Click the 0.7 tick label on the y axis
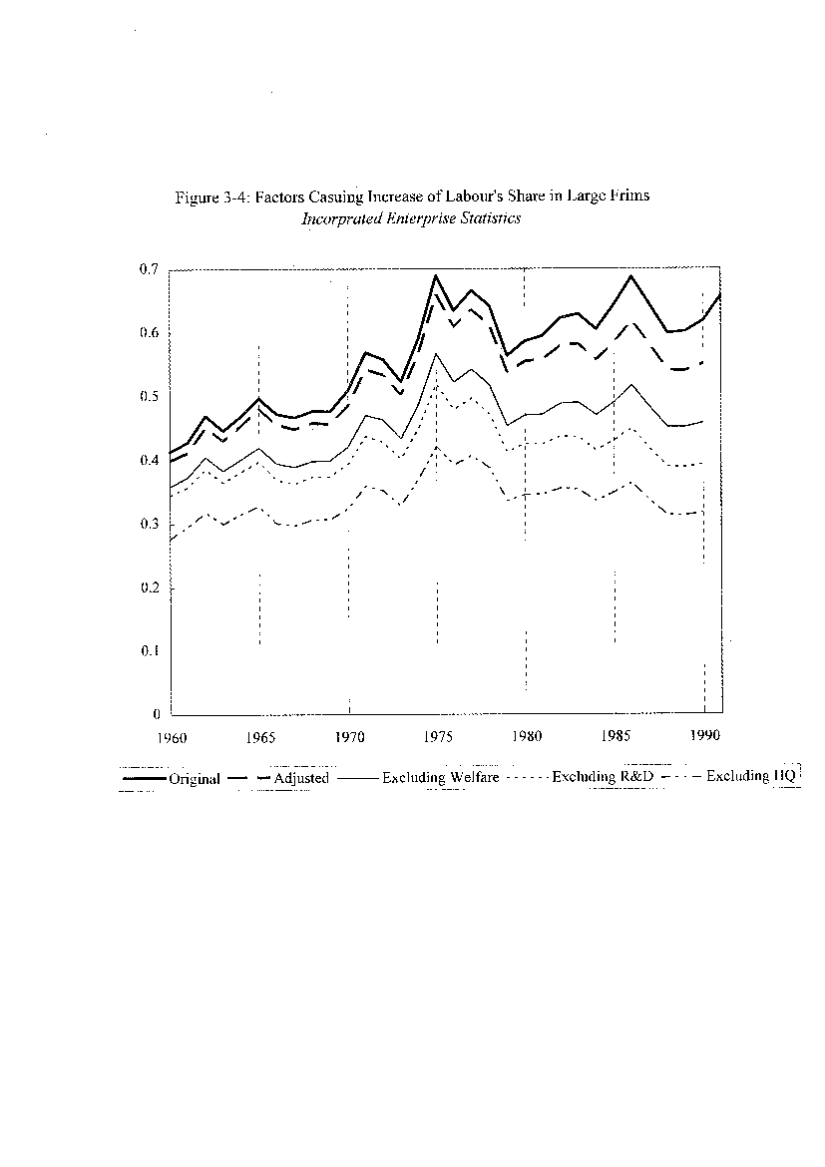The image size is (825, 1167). click(x=149, y=269)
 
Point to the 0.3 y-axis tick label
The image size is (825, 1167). click(x=149, y=524)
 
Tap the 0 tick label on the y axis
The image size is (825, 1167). click(x=157, y=714)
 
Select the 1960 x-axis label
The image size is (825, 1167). click(x=172, y=737)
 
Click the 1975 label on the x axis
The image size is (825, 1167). click(x=438, y=737)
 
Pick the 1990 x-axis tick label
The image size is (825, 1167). click(x=704, y=735)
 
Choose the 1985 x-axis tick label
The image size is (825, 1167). click(x=616, y=736)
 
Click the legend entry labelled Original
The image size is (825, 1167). click(x=195, y=779)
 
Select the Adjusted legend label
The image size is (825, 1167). click(x=301, y=778)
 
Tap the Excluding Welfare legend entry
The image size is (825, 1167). click(x=441, y=777)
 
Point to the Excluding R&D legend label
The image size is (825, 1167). click(x=604, y=776)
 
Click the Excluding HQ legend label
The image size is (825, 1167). click(x=750, y=776)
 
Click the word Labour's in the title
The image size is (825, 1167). click(x=475, y=195)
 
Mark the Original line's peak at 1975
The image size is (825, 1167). click(x=436, y=275)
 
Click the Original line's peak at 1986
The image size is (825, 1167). click(x=631, y=275)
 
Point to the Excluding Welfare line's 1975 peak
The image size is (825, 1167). click(x=436, y=353)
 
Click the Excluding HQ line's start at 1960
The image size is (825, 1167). click(x=171, y=541)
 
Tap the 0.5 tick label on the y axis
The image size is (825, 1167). click(x=149, y=397)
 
